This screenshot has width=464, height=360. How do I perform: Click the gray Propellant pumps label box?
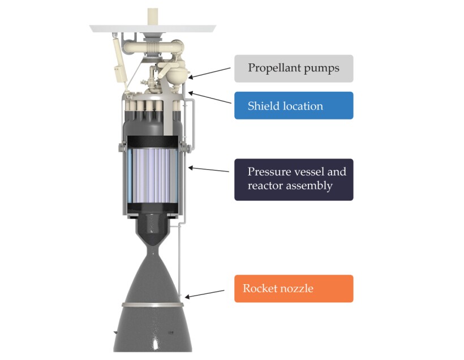[294, 68]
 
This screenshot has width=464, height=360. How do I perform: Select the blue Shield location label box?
[294, 106]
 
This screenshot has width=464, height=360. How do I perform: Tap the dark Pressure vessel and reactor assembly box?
[294, 179]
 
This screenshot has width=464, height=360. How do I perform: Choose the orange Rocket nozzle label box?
[294, 289]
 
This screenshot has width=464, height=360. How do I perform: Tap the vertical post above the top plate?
[152, 15]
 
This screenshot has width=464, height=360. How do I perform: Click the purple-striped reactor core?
[153, 173]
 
